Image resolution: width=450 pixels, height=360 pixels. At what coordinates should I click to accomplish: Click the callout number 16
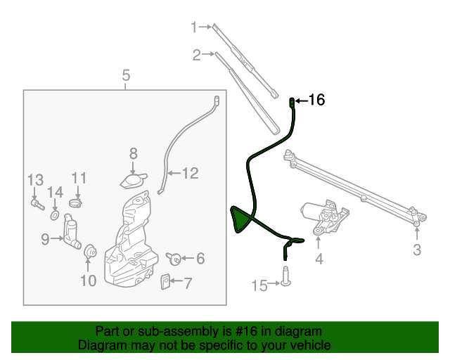pos(316,101)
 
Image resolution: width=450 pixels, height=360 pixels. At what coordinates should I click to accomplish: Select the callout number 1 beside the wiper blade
pos(194,27)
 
